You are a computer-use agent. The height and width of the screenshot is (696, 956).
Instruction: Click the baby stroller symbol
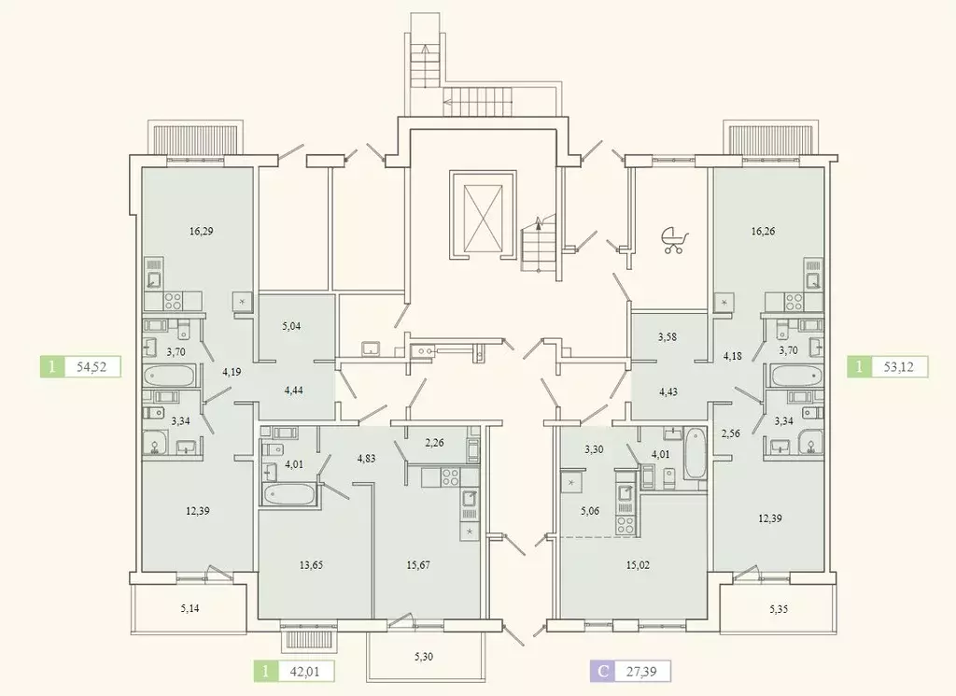click(675, 240)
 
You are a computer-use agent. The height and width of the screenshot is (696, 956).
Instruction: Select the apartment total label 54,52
click(94, 366)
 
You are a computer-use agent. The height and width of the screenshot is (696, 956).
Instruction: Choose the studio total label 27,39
click(641, 672)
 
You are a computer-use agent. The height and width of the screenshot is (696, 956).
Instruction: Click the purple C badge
click(602, 672)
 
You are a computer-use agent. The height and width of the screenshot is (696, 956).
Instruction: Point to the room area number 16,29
click(202, 231)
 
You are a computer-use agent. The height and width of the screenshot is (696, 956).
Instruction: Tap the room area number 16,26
click(764, 231)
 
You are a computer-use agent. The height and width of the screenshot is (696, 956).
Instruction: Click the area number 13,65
click(311, 565)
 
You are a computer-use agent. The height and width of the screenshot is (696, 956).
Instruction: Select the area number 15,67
click(418, 565)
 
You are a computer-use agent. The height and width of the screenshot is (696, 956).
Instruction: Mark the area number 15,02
click(638, 565)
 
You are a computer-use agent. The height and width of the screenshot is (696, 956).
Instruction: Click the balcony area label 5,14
click(190, 608)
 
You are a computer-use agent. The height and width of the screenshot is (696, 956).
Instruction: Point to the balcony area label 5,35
click(780, 608)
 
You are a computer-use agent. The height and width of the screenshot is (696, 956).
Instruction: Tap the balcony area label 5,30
click(424, 657)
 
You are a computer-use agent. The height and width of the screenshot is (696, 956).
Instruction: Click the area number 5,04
click(291, 326)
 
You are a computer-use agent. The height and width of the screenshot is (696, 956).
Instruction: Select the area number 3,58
click(668, 336)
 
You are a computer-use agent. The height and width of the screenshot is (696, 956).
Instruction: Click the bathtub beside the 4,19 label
click(170, 375)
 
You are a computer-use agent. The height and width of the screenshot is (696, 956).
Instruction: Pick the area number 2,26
click(434, 443)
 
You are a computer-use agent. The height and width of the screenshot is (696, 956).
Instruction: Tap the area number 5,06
click(590, 511)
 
